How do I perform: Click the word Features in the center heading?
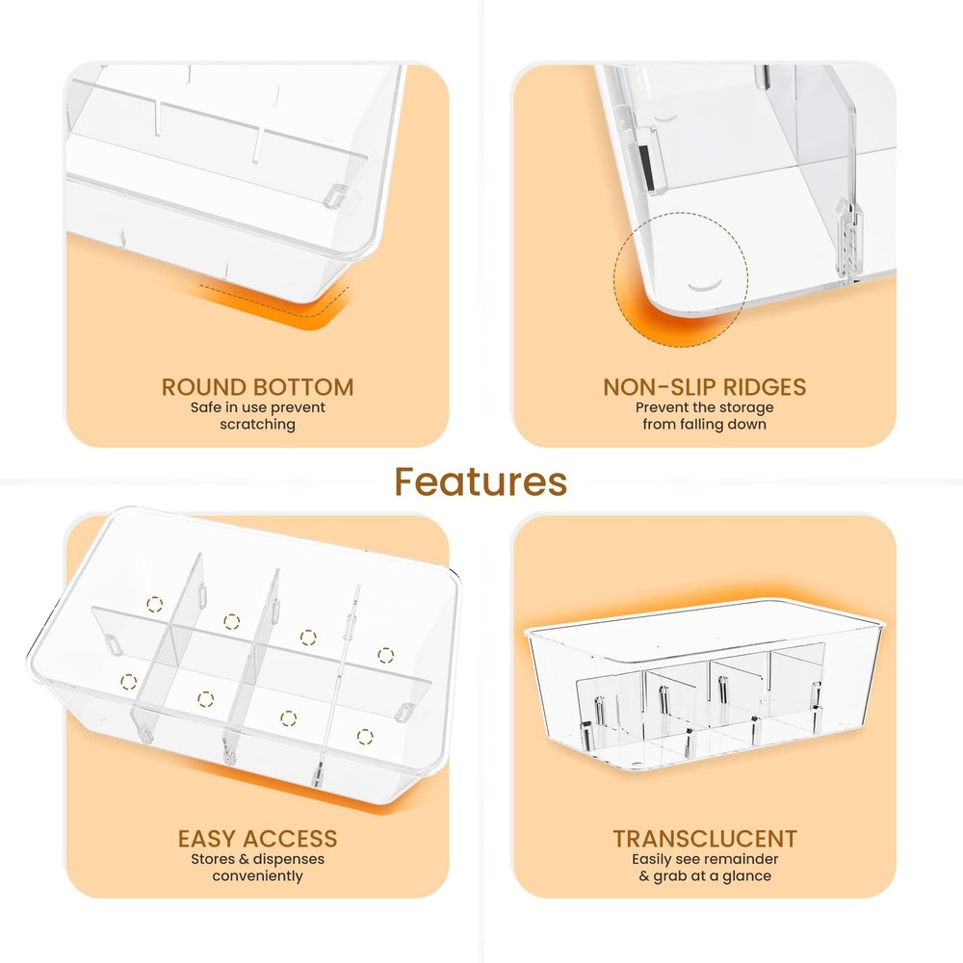tap(481, 481)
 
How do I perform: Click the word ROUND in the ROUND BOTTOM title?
tap(203, 387)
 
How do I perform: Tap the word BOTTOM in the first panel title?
tap(302, 387)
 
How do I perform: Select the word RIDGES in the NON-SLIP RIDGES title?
tap(764, 387)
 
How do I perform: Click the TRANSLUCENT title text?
tap(705, 839)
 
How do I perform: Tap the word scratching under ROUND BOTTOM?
tap(258, 425)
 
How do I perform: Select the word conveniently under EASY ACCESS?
tap(258, 875)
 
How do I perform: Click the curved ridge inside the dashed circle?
tap(705, 285)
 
